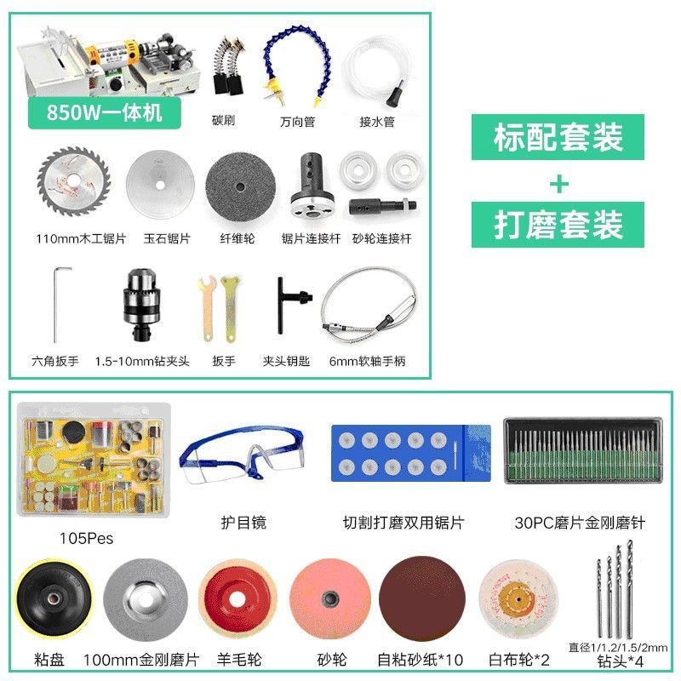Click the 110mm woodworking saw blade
pos(74,181)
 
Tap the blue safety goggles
pos(242,455)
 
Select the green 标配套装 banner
pos(558,137)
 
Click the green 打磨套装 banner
pos(558,225)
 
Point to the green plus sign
pos(559,184)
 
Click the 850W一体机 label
pos(104,112)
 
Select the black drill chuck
pos(140,305)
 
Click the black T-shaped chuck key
pos(289,305)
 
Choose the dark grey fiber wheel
pos(240,186)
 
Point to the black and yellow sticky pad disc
pos(54,599)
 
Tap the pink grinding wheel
pos(330,599)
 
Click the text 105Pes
pos(86,539)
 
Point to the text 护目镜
pos(243,523)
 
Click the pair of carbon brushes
pos(229,66)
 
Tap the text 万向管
pos(297,122)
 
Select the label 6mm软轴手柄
pos(368,361)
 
